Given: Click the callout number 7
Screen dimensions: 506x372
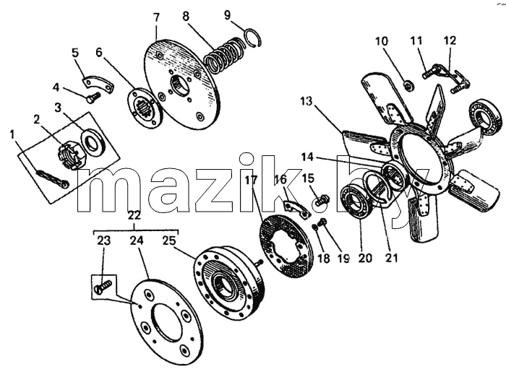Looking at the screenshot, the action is (156, 17).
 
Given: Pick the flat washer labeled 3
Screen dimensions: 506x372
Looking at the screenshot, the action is (93, 142).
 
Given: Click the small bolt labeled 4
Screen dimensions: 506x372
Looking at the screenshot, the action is (93, 97).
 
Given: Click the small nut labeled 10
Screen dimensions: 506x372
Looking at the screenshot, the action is (409, 86).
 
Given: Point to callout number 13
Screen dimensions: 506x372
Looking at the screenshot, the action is (306, 101).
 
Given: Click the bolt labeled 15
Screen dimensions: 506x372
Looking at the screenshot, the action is (322, 200).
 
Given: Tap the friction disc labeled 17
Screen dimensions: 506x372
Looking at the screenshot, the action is (286, 246).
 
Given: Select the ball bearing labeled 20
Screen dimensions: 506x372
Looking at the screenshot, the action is (359, 202).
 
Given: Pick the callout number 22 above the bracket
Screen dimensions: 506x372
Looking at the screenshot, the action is (134, 215).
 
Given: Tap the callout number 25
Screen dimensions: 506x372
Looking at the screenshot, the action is (169, 241).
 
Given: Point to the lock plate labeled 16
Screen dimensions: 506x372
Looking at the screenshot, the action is (296, 209).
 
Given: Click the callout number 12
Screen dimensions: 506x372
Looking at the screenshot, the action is (450, 40).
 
